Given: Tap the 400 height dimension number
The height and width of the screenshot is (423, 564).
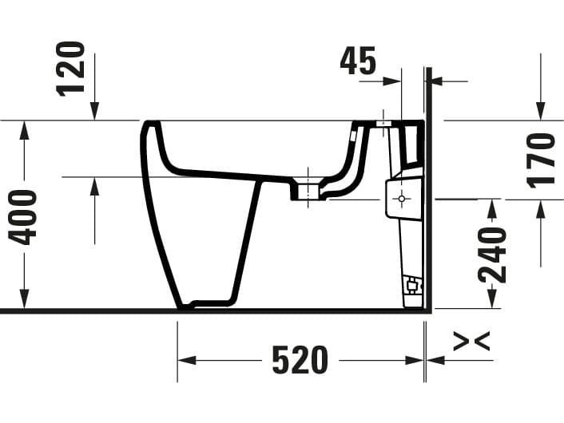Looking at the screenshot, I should click(x=23, y=216).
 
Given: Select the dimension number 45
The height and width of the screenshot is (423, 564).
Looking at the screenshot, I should click(x=358, y=61).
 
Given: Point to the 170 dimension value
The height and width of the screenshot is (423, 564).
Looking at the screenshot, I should click(x=541, y=159).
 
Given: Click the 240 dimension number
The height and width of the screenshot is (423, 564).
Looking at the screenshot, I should click(x=492, y=255).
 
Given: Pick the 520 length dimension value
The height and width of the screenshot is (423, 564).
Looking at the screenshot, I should click(x=300, y=361).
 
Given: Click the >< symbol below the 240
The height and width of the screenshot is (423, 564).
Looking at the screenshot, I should click(x=471, y=342).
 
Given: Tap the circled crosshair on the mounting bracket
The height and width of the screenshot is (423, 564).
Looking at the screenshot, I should click(x=401, y=197).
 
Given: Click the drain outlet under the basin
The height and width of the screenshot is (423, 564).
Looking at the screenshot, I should click(x=307, y=192).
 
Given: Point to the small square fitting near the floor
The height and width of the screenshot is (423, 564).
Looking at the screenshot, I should click(x=411, y=284).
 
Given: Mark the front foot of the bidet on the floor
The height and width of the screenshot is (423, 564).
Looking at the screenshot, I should click(x=186, y=305).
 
